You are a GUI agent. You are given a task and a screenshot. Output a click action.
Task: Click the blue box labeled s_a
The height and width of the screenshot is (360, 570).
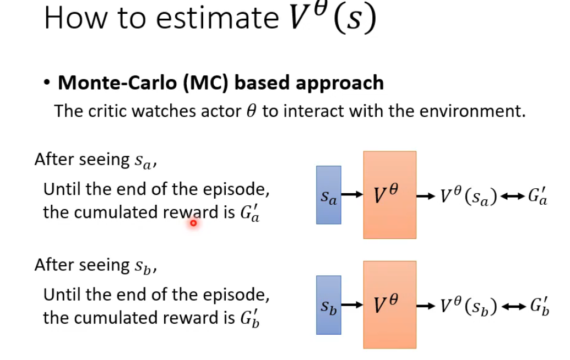[x=329, y=195]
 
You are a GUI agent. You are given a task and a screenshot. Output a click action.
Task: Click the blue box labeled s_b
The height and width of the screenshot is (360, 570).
[x=329, y=305]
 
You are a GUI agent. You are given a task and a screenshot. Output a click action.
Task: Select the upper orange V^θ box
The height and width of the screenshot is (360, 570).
[x=389, y=195]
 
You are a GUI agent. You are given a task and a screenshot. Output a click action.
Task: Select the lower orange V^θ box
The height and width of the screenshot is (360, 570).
[x=389, y=304]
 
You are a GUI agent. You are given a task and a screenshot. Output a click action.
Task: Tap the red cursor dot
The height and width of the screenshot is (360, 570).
[x=193, y=222]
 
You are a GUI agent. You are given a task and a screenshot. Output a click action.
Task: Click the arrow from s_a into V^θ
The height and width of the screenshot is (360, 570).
[x=352, y=194]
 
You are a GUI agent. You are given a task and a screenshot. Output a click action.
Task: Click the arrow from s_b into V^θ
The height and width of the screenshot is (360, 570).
[x=352, y=304]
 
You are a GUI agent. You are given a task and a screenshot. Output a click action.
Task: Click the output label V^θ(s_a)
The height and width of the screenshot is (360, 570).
[x=469, y=196]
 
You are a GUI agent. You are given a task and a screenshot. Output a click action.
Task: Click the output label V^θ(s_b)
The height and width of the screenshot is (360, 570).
[x=469, y=306]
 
